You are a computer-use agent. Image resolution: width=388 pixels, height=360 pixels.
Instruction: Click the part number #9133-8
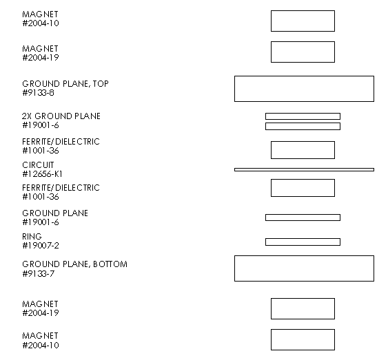38,93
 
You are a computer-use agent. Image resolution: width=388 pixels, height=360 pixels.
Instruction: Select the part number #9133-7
38,274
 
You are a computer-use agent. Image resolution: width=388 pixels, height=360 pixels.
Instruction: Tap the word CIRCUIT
38,165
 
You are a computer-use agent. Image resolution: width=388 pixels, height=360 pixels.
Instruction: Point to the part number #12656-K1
42,174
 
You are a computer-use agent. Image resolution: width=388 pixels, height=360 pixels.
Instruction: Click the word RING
32,237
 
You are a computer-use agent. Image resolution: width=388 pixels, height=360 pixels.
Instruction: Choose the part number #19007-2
41,246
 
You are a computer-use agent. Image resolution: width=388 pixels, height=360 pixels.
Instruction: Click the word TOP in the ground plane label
101,84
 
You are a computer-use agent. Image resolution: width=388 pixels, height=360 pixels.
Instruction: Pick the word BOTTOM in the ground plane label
110,264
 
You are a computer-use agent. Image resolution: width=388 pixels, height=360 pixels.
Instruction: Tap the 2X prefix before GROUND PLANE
27,116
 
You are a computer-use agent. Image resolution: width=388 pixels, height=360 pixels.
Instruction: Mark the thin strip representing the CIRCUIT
304,169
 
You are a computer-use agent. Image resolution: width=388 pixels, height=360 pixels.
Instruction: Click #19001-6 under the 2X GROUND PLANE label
41,125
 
